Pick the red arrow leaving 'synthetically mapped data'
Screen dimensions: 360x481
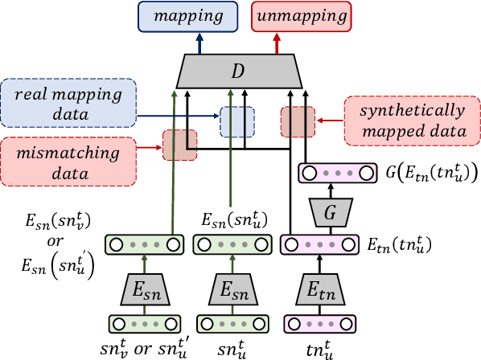(x=330, y=121)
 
